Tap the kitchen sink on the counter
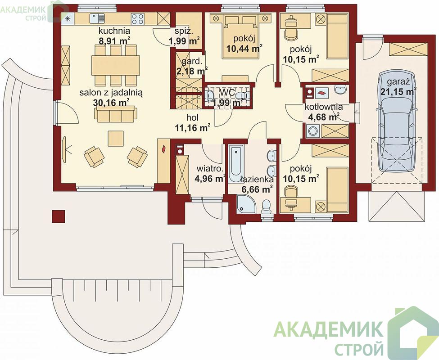click(x=97, y=19)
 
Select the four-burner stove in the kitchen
click(x=137, y=19)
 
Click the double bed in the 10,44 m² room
click(x=240, y=36)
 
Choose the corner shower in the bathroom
click(x=246, y=204)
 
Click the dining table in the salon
click(x=116, y=65)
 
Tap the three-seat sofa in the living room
click(x=116, y=114)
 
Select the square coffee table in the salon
click(x=116, y=139)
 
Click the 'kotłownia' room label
click(x=324, y=107)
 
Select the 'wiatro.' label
click(x=210, y=169)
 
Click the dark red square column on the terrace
click(x=58, y=216)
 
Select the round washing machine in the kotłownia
click(x=312, y=131)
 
